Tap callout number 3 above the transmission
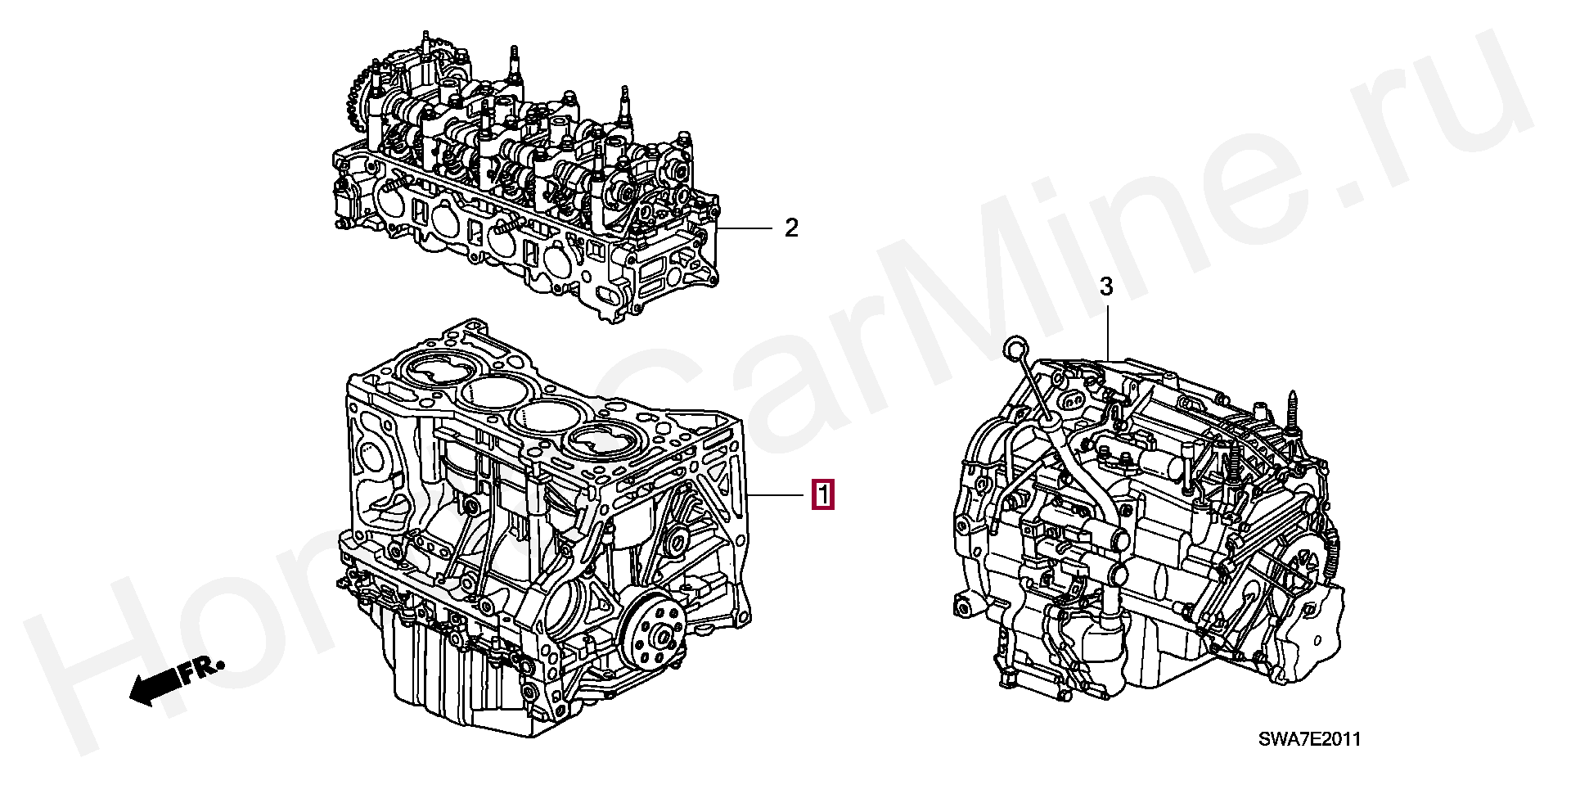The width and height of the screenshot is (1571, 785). point(1106,286)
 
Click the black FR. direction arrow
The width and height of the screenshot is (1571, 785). point(155,683)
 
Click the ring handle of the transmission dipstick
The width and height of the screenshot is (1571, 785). point(1011,350)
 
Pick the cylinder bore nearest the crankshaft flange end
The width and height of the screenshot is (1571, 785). point(601,444)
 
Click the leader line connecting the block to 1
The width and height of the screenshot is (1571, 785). point(777,495)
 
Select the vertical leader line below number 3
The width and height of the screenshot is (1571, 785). point(1107,332)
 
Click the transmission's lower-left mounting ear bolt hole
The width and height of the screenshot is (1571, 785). point(962,607)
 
